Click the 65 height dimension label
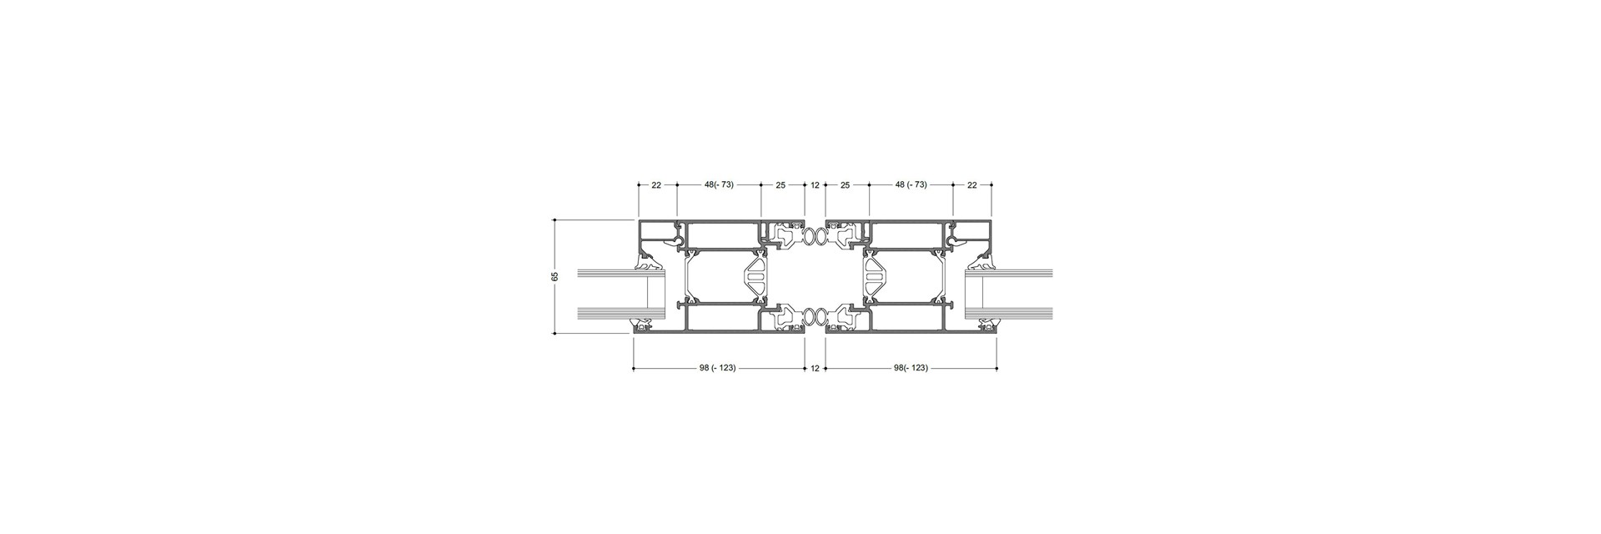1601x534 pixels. tap(555, 276)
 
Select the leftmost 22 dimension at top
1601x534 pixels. tap(656, 184)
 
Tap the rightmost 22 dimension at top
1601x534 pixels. tap(971, 184)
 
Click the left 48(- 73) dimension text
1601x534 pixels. tap(719, 184)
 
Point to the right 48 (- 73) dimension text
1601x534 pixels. tap(911, 184)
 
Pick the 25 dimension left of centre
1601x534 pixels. tap(780, 184)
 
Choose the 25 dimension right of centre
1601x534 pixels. tap(846, 184)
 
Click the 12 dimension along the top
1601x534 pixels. tap(815, 184)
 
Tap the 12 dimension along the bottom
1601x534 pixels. tap(815, 368)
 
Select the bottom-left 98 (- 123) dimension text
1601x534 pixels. tap(717, 368)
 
